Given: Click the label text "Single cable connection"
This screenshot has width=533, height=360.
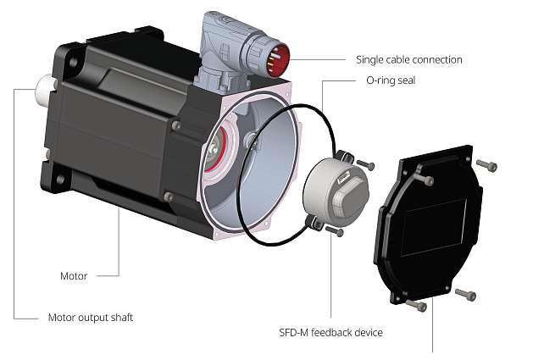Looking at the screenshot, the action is [x=409, y=60].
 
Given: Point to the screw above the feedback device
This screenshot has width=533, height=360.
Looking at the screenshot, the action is [x=365, y=163].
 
